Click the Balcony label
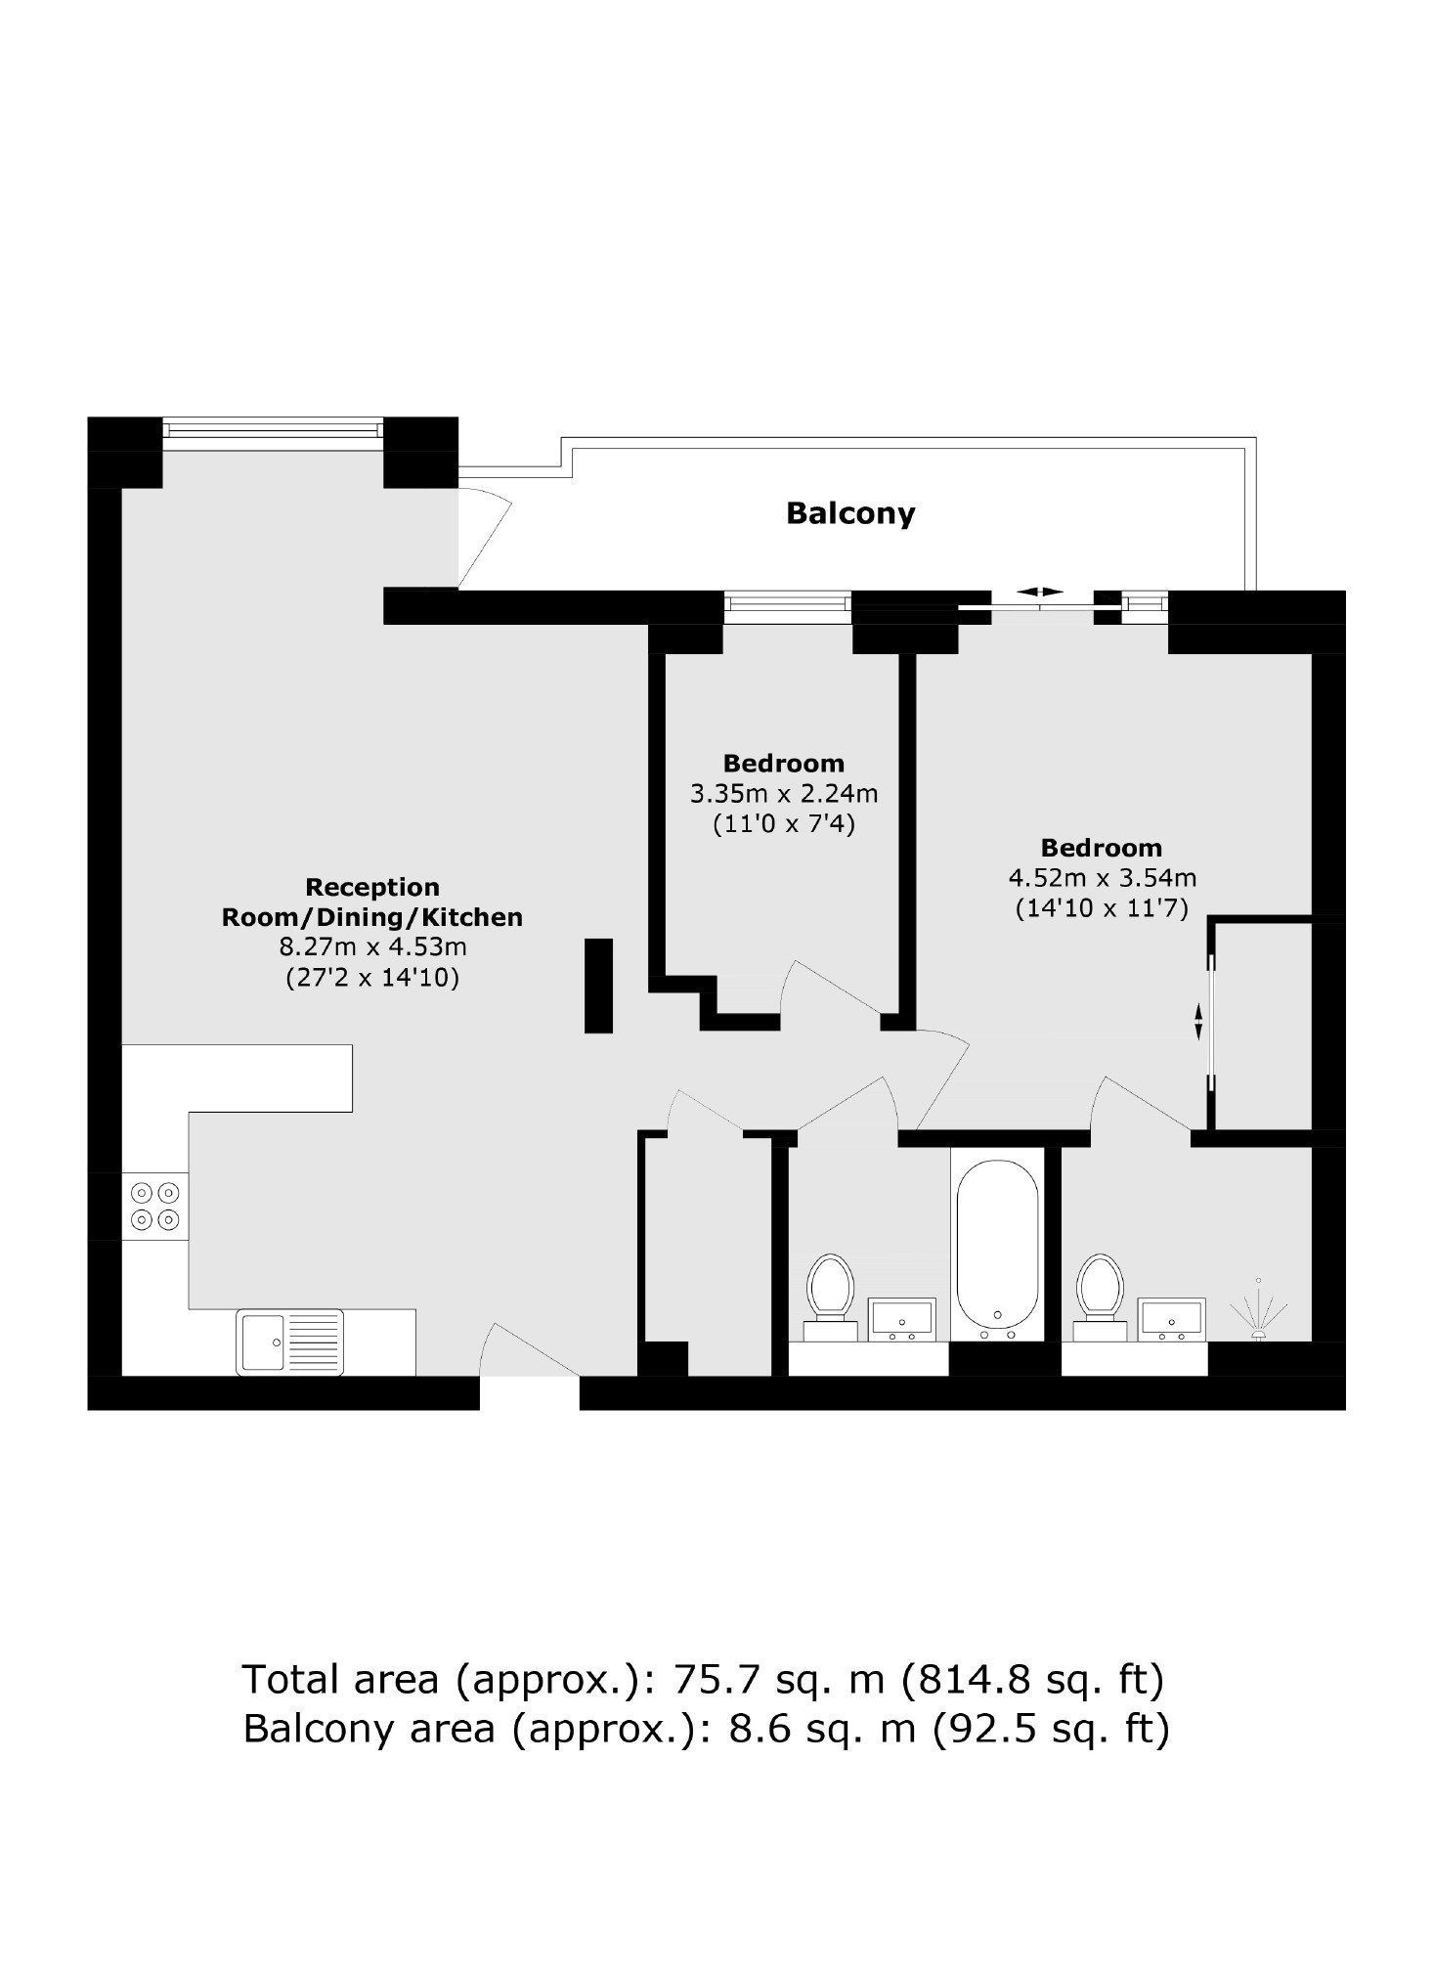tap(850, 513)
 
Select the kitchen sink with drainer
tap(290, 1342)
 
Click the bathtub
tap(997, 1250)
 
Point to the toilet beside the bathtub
tap(831, 1297)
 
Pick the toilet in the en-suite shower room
tap(1101, 1297)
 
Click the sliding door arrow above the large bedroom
tap(1039, 592)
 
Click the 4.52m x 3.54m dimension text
tap(1102, 878)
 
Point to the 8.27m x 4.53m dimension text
tap(372, 946)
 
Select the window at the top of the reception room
tap(273, 427)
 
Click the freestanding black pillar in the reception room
tap(598, 986)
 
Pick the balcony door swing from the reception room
tap(485, 537)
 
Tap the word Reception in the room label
tap(372, 888)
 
